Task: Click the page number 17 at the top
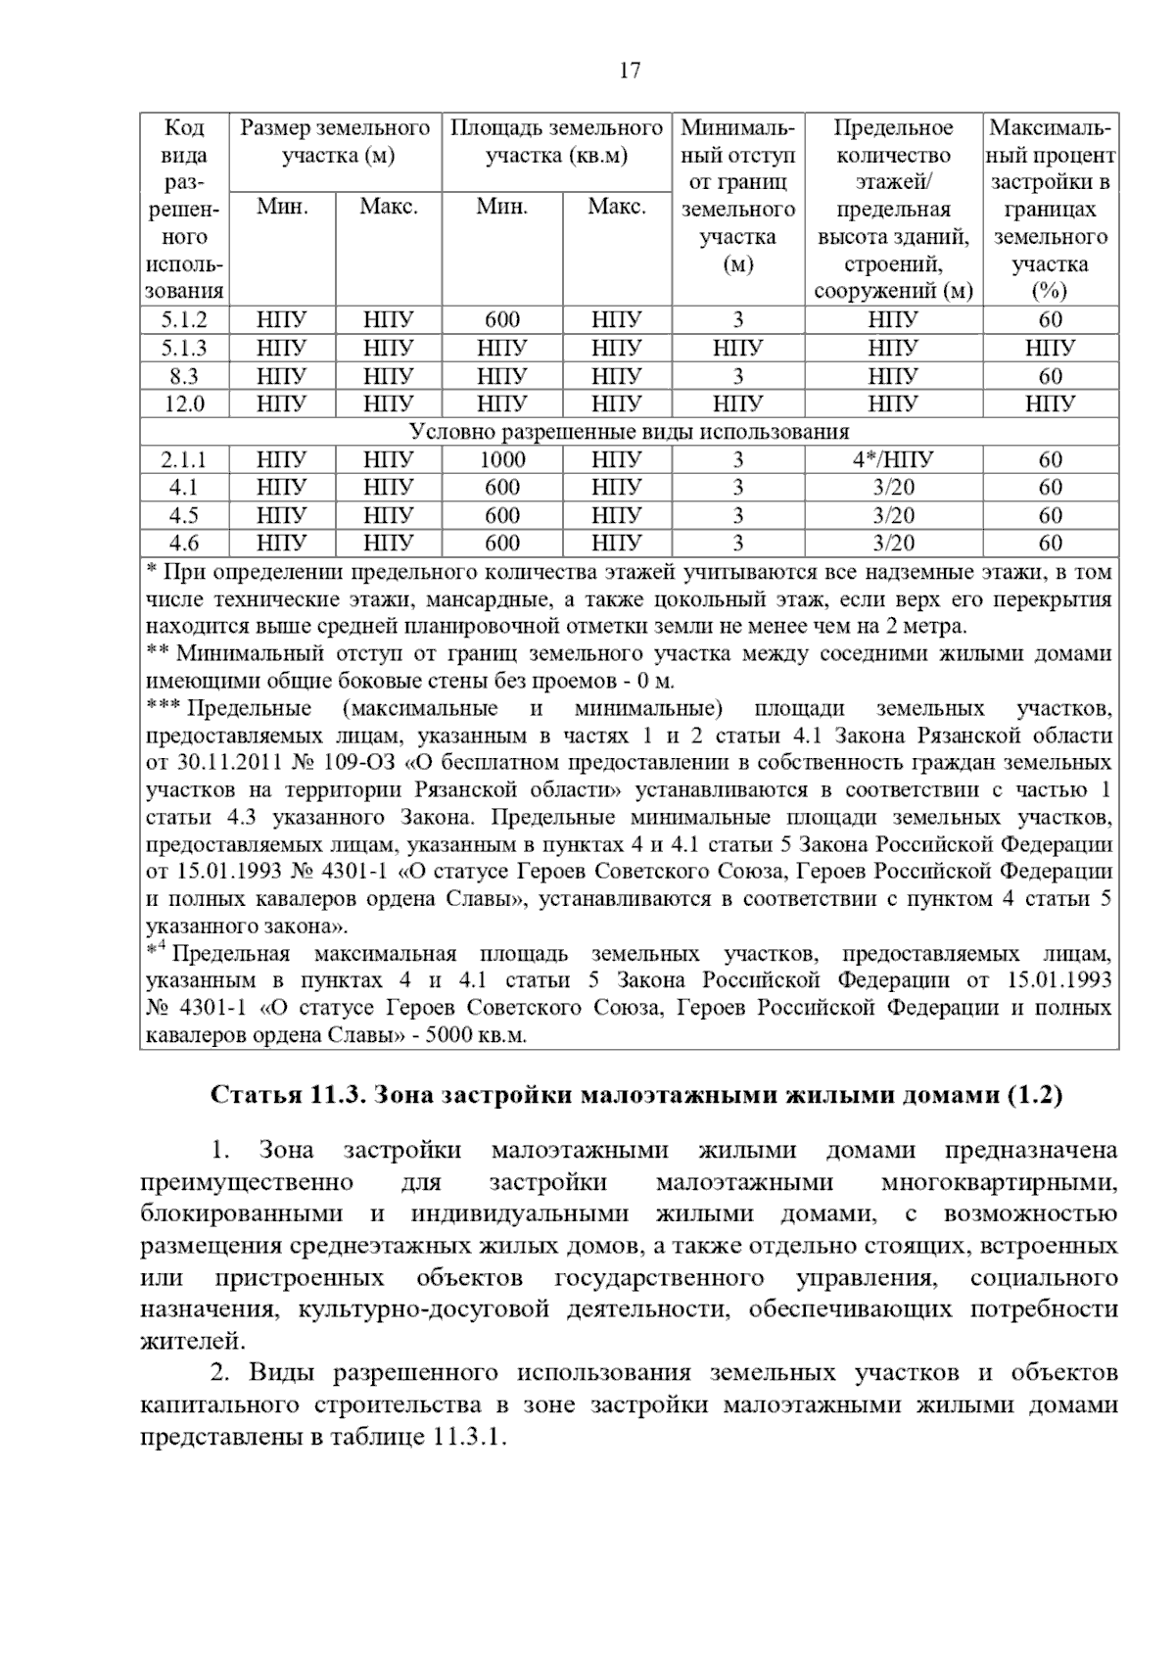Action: tap(630, 71)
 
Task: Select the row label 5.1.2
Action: tap(184, 320)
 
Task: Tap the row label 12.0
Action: tap(184, 404)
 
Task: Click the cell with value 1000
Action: tap(502, 460)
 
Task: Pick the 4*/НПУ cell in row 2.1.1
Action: tap(893, 460)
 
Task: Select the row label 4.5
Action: tap(184, 515)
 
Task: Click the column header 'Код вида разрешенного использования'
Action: tap(184, 210)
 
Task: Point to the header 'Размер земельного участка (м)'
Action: tap(336, 142)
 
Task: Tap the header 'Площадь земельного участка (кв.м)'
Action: tap(556, 142)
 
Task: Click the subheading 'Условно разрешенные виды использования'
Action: tap(629, 432)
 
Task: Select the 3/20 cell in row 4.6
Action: tap(893, 544)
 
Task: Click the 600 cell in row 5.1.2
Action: tap(502, 320)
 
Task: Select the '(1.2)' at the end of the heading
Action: tap(1035, 1095)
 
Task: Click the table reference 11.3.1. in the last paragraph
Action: tap(467, 1438)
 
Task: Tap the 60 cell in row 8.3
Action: tap(1050, 376)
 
